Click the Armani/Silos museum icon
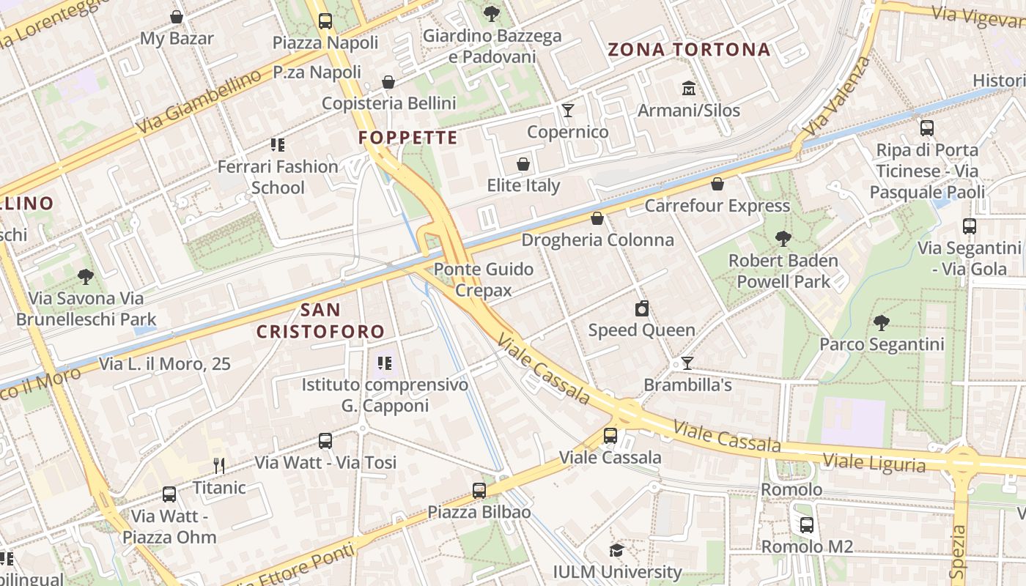click(x=688, y=89)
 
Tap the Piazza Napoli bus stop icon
click(x=325, y=21)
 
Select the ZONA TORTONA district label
click(x=689, y=50)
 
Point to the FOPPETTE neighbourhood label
click(x=407, y=138)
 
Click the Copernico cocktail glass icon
click(x=567, y=111)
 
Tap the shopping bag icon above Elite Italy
click(x=523, y=164)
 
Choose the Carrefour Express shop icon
click(x=717, y=184)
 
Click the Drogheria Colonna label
click(x=597, y=240)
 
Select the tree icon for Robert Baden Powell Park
click(x=783, y=239)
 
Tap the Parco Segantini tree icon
click(x=881, y=322)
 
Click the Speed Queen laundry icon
click(x=642, y=308)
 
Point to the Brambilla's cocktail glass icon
click(x=687, y=363)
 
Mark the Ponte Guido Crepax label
click(x=484, y=279)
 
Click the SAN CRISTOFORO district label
click(x=320, y=320)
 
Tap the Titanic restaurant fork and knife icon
click(x=218, y=465)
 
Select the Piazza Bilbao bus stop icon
click(x=479, y=491)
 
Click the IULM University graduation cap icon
click(x=617, y=550)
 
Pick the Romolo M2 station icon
click(x=807, y=525)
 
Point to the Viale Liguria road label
click(x=874, y=462)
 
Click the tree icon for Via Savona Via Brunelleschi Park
click(x=86, y=277)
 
